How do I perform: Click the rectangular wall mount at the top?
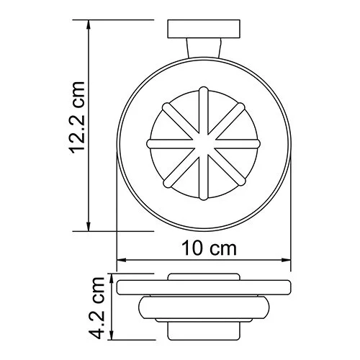pos(204,31)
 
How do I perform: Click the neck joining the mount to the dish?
pos(204,50)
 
